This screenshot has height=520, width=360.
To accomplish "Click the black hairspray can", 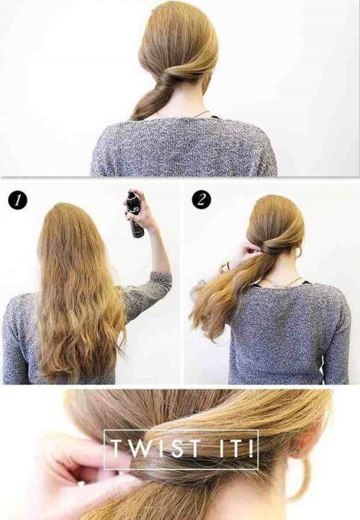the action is pos(135,214).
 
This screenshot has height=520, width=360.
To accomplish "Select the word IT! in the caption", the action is pos(236,449).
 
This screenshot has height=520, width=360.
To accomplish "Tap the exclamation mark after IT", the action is pos(252,449).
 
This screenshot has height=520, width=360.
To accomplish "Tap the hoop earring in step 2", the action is pos(299,251).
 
